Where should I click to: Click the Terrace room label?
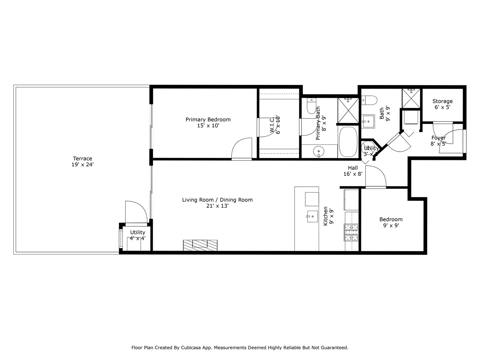point(82,159)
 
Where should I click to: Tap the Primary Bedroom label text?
point(208,120)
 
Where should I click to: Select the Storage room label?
point(442,101)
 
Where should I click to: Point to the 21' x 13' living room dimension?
point(217,206)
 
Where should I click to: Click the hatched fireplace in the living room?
point(200,245)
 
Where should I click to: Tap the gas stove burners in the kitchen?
point(351,232)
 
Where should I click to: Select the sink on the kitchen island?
point(312,217)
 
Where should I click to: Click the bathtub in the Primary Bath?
point(348,142)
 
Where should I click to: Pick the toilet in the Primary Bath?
point(311,105)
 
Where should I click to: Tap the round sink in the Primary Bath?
point(319,152)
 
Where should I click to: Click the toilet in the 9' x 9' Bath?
point(369,100)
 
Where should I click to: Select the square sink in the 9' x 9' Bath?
point(368,121)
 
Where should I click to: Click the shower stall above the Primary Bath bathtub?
point(348,110)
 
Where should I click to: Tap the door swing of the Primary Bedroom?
point(242,149)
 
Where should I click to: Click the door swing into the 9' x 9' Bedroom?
point(376,177)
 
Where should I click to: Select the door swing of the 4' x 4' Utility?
point(136,212)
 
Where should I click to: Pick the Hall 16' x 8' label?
point(353,171)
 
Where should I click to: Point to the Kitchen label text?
point(326,216)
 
